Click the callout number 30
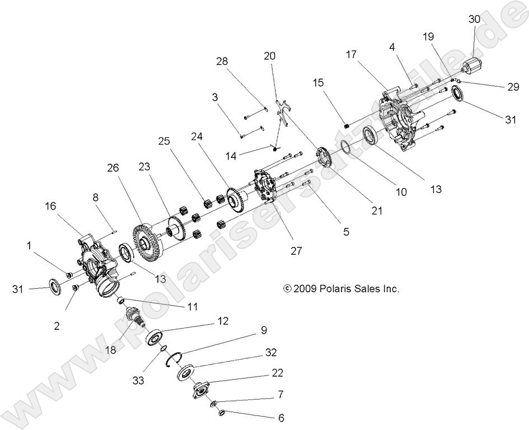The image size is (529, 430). pyautogui.click(x=474, y=18)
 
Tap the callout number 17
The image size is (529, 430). pyautogui.click(x=352, y=55)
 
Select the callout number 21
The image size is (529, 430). pyautogui.click(x=377, y=211)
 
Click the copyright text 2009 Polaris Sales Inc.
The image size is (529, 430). pyautogui.click(x=341, y=289)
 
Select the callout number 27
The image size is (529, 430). pyautogui.click(x=296, y=251)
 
